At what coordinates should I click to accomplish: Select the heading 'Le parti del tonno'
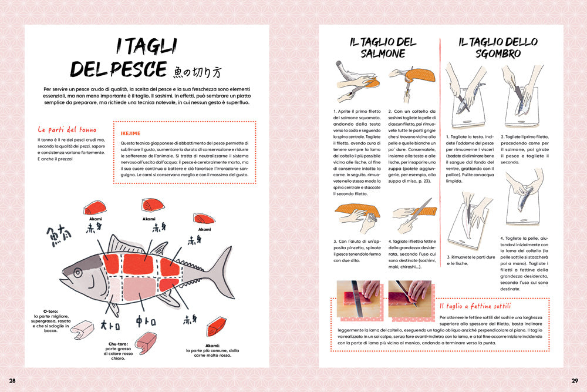coord(67,129)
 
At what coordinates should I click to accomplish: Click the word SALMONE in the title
coord(383,53)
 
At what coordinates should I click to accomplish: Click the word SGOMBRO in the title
coord(498,53)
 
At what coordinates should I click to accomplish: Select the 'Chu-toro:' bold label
coord(120,344)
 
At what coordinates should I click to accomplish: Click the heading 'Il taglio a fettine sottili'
coord(475,306)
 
